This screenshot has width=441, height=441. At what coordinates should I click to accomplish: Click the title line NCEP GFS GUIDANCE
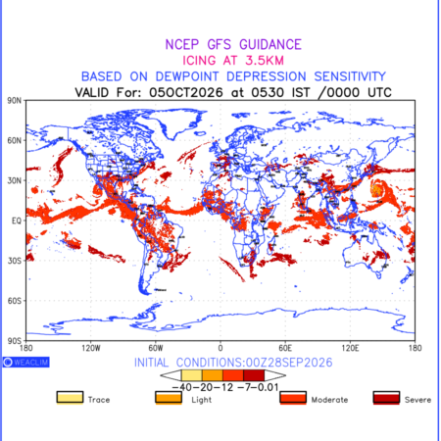pyautogui.click(x=233, y=44)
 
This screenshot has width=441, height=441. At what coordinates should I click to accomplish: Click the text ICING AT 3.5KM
pyautogui.click(x=233, y=61)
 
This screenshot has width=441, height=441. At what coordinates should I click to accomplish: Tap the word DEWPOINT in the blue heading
pyautogui.click(x=187, y=76)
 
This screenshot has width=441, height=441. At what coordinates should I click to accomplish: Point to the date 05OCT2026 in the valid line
pyautogui.click(x=186, y=92)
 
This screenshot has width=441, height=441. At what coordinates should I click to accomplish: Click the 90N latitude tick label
pyautogui.click(x=14, y=100)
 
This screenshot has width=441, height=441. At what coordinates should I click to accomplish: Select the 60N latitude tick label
pyautogui.click(x=14, y=140)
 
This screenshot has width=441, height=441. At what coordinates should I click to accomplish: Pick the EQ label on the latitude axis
pyautogui.click(x=17, y=220)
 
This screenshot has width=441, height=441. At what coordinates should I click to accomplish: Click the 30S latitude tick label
pyautogui.click(x=14, y=261)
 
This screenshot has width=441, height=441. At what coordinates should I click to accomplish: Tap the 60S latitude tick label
pyautogui.click(x=14, y=301)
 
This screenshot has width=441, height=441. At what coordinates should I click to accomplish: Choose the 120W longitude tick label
pyautogui.click(x=91, y=348)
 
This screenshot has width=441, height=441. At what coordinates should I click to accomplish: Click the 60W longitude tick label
pyautogui.click(x=156, y=348)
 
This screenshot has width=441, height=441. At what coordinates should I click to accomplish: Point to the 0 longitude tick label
pyautogui.click(x=220, y=348)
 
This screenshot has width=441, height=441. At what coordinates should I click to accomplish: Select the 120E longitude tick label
pyautogui.click(x=350, y=348)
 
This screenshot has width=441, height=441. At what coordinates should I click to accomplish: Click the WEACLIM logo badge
pyautogui.click(x=26, y=362)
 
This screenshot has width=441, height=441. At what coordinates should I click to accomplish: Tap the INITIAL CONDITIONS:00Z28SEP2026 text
pyautogui.click(x=233, y=363)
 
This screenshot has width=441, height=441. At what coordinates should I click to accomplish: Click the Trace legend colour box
pyautogui.click(x=70, y=398)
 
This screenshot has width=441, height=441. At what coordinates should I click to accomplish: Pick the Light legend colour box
pyautogui.click(x=169, y=398)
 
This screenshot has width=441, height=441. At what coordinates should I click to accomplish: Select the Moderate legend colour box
pyautogui.click(x=293, y=398)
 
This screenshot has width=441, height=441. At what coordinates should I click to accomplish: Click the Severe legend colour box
pyautogui.click(x=386, y=398)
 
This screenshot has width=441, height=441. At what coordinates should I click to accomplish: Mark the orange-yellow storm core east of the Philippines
pyautogui.click(x=377, y=189)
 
